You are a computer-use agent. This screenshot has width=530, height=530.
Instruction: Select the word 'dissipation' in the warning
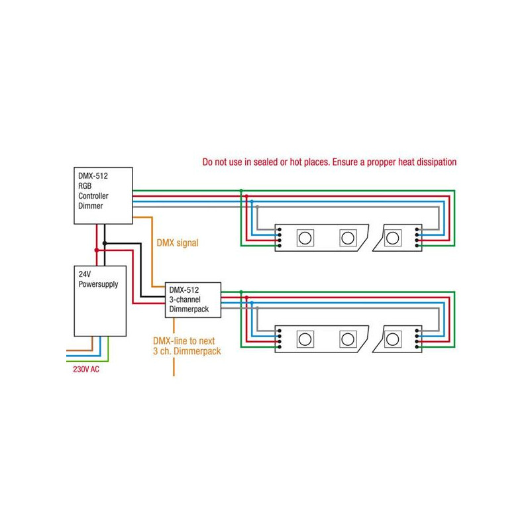[x=433, y=162]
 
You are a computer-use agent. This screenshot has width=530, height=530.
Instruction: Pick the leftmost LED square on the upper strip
[x=305, y=237]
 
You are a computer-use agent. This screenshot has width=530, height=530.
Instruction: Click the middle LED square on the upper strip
[x=347, y=237]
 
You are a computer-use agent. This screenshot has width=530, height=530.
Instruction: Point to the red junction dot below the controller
[x=97, y=250]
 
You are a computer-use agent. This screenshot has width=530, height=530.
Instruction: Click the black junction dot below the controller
[x=105, y=243]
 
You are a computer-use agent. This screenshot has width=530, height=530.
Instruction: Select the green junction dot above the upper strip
[x=240, y=191]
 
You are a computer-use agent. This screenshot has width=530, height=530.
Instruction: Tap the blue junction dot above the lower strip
[x=251, y=303]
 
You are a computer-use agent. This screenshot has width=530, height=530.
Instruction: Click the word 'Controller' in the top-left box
[x=92, y=197]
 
